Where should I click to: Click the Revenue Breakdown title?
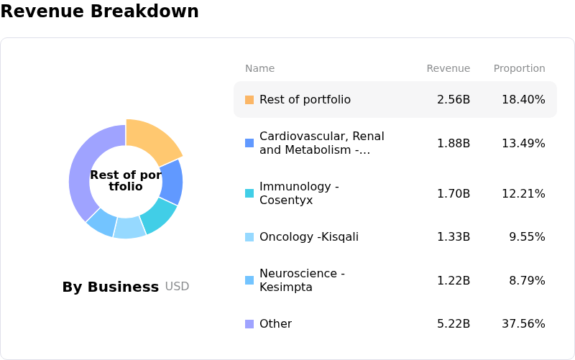click(99, 11)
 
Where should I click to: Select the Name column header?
click(259, 68)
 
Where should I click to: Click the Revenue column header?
click(448, 68)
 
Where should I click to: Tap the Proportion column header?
click(519, 68)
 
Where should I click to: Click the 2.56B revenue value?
click(454, 99)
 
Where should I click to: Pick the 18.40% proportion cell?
click(523, 99)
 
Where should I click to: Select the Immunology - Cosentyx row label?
click(298, 193)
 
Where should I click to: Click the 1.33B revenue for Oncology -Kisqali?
click(454, 236)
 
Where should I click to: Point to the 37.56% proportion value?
click(523, 323)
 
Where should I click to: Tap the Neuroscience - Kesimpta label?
click(302, 280)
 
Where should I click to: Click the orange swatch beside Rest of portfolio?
click(249, 100)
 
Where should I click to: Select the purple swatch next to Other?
click(249, 324)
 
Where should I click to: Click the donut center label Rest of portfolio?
click(126, 180)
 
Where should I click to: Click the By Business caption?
click(110, 287)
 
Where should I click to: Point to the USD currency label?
click(177, 286)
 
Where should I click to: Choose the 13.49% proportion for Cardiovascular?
click(523, 143)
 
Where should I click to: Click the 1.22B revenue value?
click(454, 280)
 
